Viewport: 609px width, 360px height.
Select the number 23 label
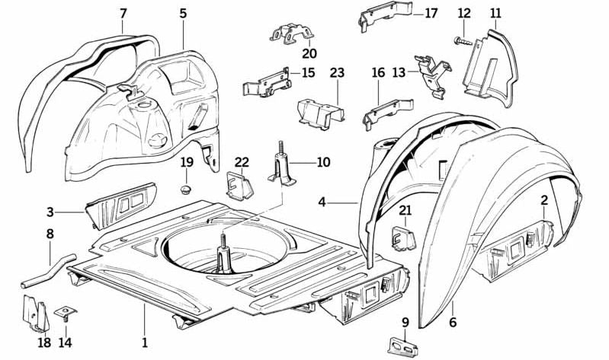pyautogui.click(x=338, y=73)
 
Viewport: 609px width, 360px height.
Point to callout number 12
pyautogui.click(x=464, y=13)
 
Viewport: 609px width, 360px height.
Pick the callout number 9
pyautogui.click(x=405, y=322)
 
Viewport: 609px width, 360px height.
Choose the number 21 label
pyautogui.click(x=405, y=210)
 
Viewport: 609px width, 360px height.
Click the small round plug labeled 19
pyautogui.click(x=187, y=186)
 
